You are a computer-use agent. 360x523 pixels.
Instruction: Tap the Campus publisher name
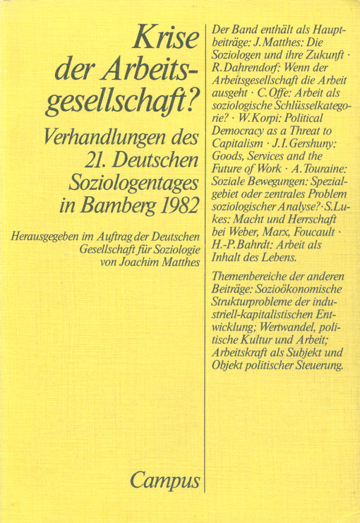[x=164, y=481]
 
